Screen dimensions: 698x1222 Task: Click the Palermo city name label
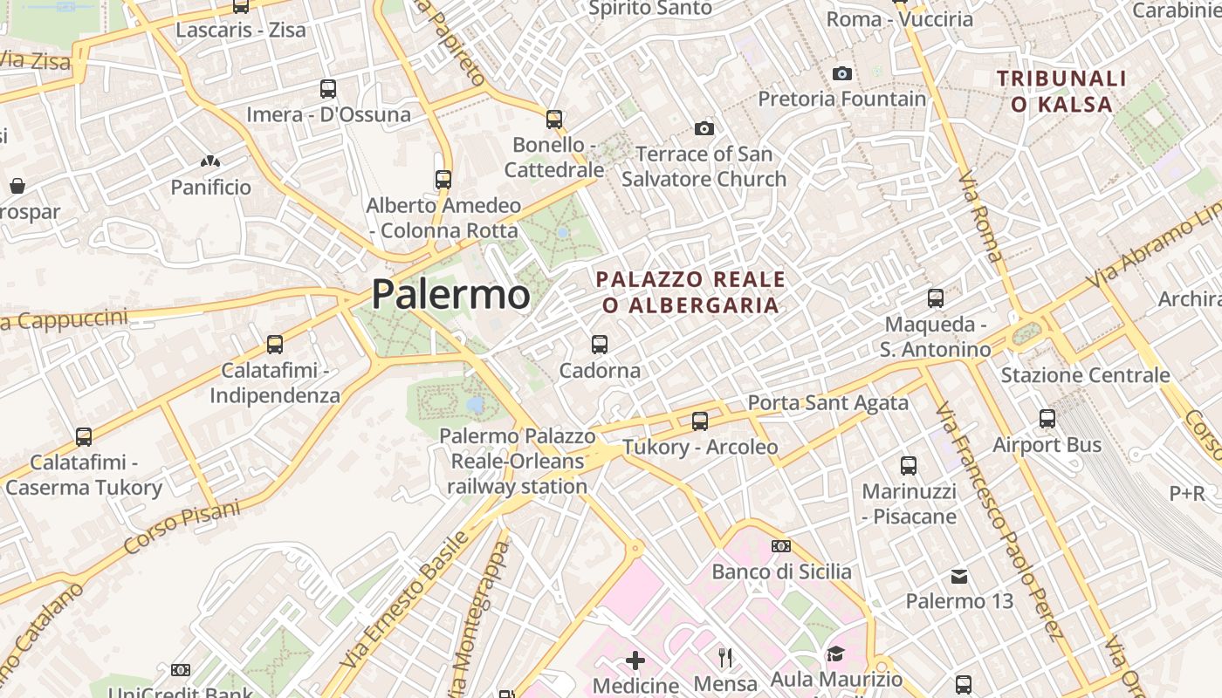[x=450, y=294]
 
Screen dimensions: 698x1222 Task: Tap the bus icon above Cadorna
[x=600, y=345]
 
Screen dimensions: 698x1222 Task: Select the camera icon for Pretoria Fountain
[x=842, y=74]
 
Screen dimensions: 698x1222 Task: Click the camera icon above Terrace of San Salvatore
[x=704, y=129]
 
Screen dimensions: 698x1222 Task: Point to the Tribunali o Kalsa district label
[x=1061, y=92]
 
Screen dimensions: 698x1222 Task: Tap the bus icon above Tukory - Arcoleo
[x=700, y=421]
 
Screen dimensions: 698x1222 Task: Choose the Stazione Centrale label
[x=1085, y=375]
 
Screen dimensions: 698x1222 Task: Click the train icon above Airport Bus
[x=1047, y=419]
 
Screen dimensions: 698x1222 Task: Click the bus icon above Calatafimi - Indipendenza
[x=275, y=345]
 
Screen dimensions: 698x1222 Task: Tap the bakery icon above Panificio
[x=210, y=161]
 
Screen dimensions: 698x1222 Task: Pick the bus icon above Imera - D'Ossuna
[x=328, y=88]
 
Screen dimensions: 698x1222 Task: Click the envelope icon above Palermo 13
[x=959, y=576]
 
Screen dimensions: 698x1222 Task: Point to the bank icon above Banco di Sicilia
[x=781, y=546]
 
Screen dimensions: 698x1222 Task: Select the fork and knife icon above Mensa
[x=725, y=657]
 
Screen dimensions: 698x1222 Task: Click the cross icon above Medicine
[x=635, y=660]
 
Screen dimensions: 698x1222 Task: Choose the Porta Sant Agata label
[x=828, y=403]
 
